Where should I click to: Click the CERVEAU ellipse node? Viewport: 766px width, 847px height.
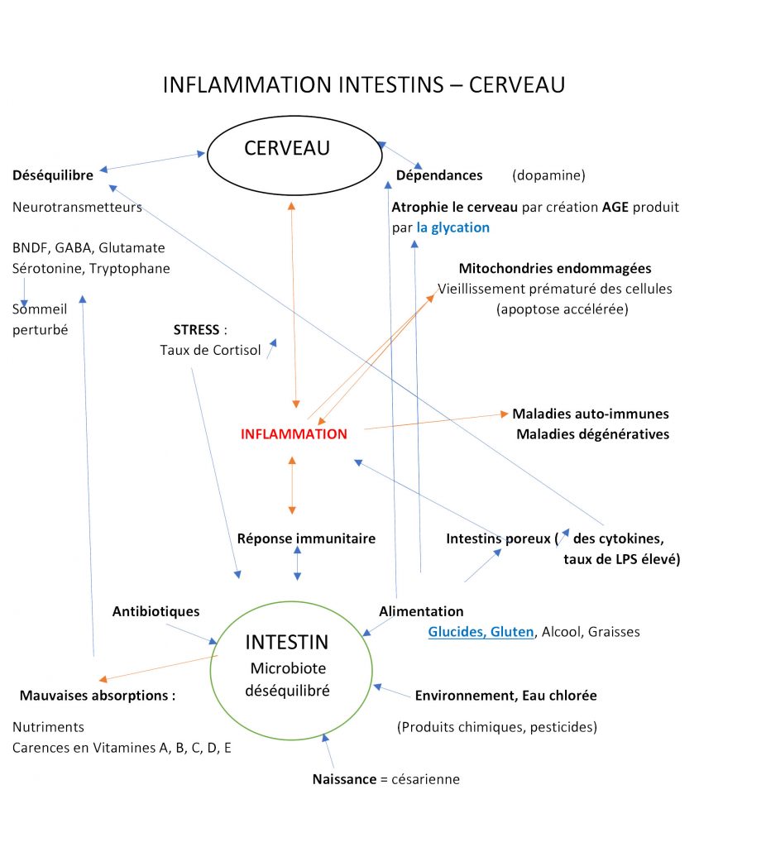[x=287, y=154]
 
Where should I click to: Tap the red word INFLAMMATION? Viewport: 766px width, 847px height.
[x=294, y=434]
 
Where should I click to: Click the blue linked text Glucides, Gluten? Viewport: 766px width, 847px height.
[x=481, y=632]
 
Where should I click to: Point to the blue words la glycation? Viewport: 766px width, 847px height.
[x=452, y=227]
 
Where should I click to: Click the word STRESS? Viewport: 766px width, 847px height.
[x=195, y=330]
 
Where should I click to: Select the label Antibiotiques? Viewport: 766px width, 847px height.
[x=156, y=612]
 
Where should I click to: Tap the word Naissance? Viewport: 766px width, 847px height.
[x=343, y=779]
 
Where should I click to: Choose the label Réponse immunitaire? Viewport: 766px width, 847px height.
[x=306, y=538]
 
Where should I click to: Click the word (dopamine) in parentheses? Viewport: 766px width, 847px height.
[x=548, y=175]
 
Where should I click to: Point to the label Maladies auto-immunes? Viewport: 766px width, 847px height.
[x=591, y=414]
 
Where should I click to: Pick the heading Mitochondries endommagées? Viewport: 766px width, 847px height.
[x=554, y=269]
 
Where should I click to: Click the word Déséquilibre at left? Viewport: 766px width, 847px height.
[x=53, y=175]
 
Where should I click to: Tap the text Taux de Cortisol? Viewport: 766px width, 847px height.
[x=210, y=351]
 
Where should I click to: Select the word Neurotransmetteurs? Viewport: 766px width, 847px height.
[x=77, y=208]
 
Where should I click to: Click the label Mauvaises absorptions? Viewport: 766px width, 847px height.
[x=97, y=696]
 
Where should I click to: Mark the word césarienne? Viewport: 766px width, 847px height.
[x=426, y=779]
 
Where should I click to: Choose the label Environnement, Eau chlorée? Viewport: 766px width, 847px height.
[x=505, y=696]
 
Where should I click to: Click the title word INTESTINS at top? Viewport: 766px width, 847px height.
[x=363, y=85]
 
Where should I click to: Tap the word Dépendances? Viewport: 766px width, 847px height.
[x=438, y=175]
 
